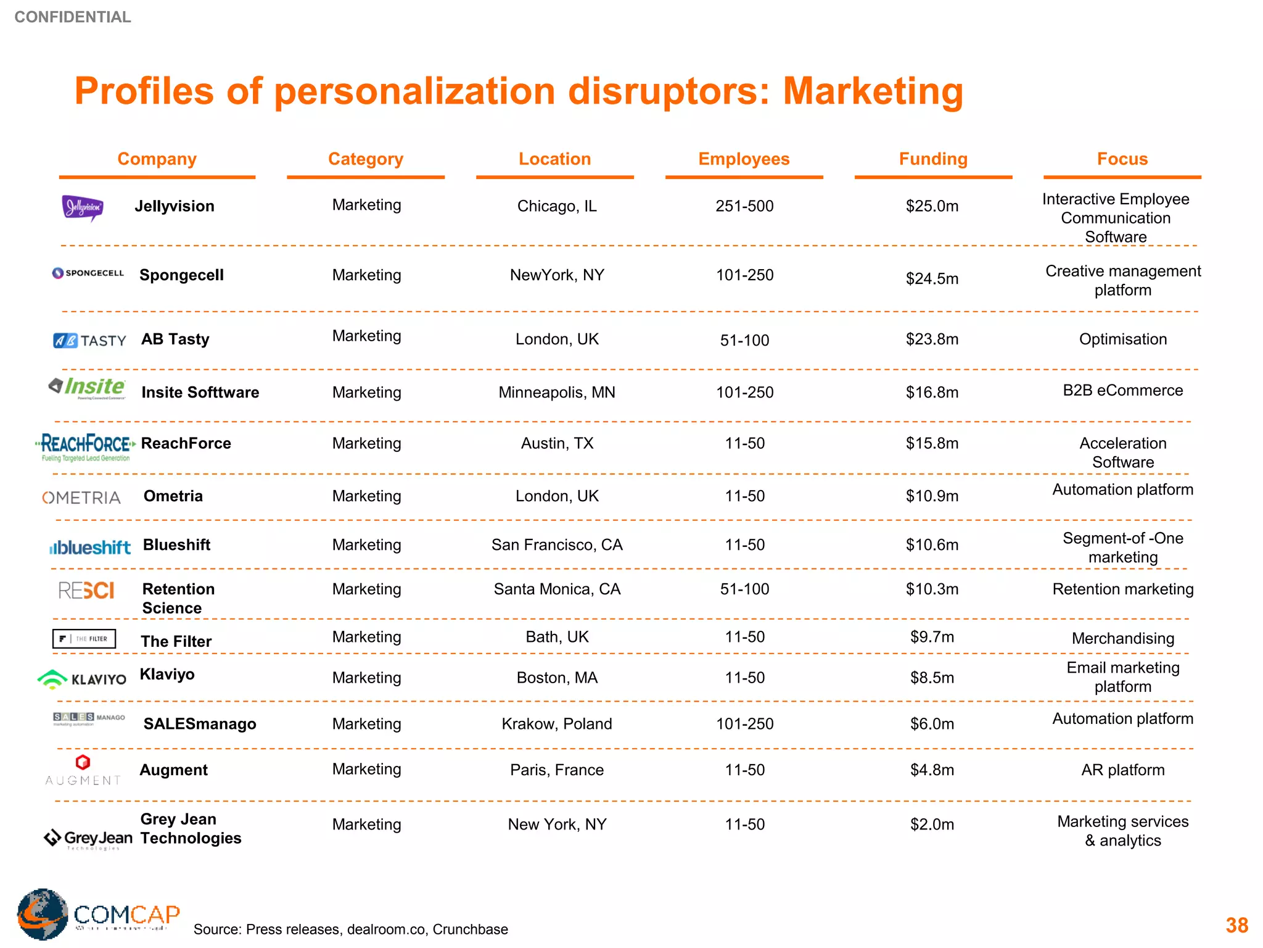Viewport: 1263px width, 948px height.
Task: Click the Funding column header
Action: [x=932, y=159]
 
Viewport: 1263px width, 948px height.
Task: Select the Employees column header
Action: [x=744, y=159]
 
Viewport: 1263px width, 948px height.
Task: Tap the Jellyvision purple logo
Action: [x=83, y=207]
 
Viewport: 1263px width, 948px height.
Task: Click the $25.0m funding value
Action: [x=932, y=206]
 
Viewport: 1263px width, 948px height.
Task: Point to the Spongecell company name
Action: [x=181, y=275]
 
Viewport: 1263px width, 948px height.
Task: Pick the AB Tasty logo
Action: [x=89, y=341]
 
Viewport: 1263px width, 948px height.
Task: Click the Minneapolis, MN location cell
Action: [x=557, y=393]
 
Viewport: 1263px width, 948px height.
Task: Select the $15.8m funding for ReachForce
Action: [x=932, y=443]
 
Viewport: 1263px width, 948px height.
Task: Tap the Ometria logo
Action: [x=81, y=497]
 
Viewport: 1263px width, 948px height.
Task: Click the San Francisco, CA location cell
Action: [x=557, y=545]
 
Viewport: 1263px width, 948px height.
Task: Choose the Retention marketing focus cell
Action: [x=1122, y=589]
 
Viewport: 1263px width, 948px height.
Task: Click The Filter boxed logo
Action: [x=84, y=639]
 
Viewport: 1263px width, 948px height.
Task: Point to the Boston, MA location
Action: [x=557, y=678]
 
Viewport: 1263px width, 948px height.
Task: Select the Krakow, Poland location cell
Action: [x=557, y=724]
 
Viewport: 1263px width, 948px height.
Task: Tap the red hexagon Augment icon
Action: [x=83, y=762]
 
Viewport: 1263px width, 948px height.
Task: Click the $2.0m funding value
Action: [x=932, y=825]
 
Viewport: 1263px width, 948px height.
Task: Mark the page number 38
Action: [x=1236, y=925]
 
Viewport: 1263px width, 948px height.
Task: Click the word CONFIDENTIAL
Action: [x=73, y=17]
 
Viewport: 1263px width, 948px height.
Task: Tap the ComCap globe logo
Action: [x=43, y=914]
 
